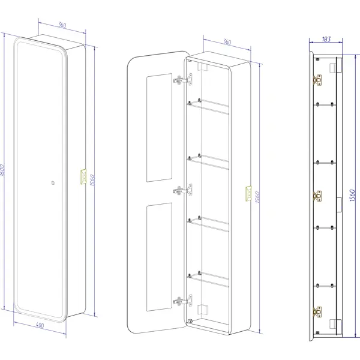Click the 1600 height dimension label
2,170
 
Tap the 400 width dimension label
40,325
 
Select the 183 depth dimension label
326,39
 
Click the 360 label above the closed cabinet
62,25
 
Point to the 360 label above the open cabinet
227,42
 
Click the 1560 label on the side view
352,196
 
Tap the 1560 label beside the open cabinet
257,197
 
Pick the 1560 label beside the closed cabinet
92,180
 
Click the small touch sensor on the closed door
53,183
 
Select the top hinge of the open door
183,80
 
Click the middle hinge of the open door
183,190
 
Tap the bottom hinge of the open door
183,301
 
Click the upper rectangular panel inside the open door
160,128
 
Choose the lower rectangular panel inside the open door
160,257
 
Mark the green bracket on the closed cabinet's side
83,176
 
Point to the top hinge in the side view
317,80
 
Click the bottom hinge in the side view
317,312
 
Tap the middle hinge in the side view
317,196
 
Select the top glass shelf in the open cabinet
208,107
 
